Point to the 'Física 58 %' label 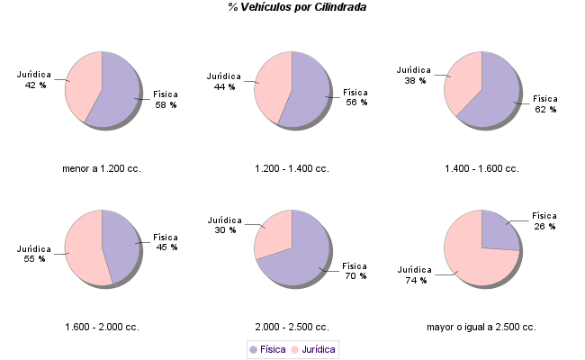[166, 99]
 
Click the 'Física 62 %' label [545, 103]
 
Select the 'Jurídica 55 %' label [34, 254]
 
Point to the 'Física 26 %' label [544, 220]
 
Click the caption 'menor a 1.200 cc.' [102, 168]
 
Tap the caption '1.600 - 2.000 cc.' [102, 327]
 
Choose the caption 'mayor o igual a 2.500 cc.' [481, 327]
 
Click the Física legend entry [268, 349]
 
